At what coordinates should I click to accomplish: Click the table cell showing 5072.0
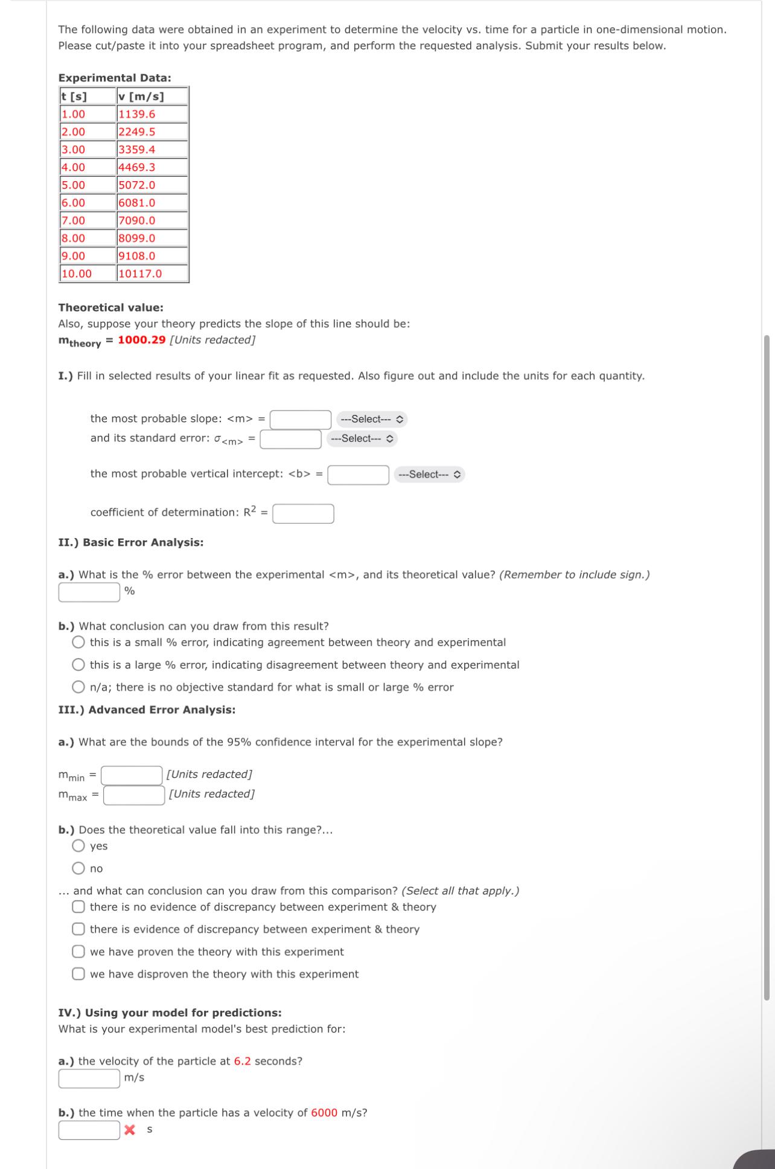click(x=151, y=185)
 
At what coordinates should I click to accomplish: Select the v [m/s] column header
click(x=151, y=97)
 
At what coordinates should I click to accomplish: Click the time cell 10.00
click(x=88, y=274)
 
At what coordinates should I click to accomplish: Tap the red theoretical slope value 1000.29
click(x=141, y=340)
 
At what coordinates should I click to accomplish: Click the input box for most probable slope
click(x=300, y=419)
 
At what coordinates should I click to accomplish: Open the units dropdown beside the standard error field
click(x=362, y=439)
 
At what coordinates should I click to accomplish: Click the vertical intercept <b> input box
click(x=358, y=475)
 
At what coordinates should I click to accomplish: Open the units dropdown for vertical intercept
click(x=430, y=475)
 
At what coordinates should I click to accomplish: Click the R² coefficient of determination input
click(x=303, y=514)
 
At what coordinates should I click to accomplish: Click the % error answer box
click(x=89, y=592)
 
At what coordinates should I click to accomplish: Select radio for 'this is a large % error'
click(x=78, y=665)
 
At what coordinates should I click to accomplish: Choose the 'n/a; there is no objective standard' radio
click(x=78, y=687)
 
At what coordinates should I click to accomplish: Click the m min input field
click(x=132, y=775)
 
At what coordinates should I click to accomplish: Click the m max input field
click(x=134, y=795)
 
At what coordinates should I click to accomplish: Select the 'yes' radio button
click(x=78, y=846)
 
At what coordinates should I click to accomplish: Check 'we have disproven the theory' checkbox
click(x=78, y=974)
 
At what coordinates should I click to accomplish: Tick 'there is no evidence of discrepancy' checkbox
click(x=78, y=907)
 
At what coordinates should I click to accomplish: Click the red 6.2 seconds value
click(x=242, y=1062)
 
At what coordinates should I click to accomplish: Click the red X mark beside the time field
click(x=129, y=1130)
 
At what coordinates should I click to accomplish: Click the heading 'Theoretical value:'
click(x=110, y=308)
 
